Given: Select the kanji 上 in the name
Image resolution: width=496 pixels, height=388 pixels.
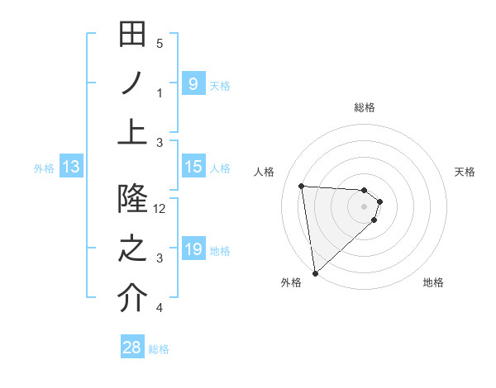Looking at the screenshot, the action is pos(132,131).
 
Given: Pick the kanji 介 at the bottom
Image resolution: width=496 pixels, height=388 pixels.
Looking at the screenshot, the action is pos(132,298).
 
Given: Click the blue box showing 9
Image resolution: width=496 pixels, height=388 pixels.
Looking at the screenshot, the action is pos(193,84).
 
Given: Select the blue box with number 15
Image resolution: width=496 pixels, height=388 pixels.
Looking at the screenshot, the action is pos(193,167).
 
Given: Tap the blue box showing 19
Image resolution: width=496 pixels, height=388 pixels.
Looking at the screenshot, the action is pos(193,249).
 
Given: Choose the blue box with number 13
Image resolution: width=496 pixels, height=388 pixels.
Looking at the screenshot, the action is pos(71,168).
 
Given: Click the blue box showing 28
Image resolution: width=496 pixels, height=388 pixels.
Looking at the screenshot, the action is pos(132,348).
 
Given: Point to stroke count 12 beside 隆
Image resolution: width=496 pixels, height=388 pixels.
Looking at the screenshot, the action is pos(160,209).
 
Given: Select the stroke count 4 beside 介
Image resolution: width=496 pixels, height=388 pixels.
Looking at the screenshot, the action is pos(160,308).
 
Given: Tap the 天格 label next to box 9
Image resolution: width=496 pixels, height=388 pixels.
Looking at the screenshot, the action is pos(220,85).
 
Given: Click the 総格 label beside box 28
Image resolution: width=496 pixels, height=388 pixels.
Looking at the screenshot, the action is pos(159,349).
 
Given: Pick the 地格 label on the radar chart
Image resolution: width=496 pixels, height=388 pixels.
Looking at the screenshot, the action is pos(433,282).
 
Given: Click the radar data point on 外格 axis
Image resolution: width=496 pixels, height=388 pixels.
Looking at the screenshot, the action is pos(315,272).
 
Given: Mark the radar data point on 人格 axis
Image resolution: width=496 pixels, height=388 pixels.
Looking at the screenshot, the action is pos(302,187).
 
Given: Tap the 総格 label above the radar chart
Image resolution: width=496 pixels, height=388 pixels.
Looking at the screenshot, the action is pos(365,107).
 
